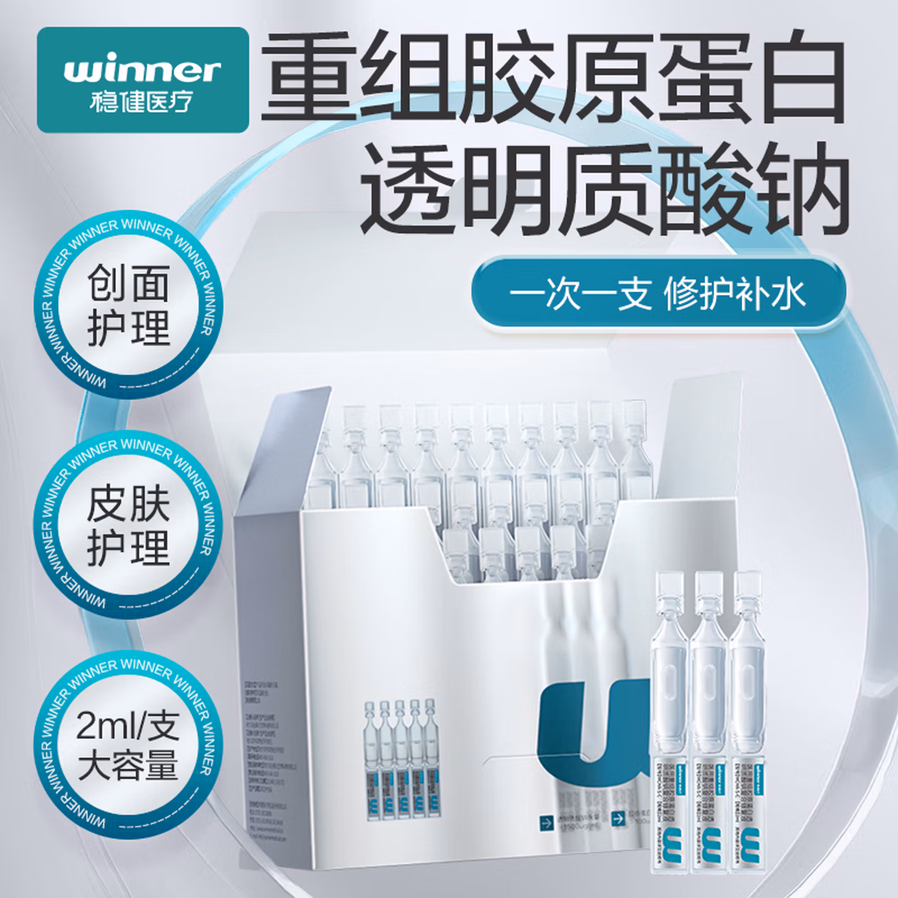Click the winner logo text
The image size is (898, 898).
click(142, 70)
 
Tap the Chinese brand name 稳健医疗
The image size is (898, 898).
click(141, 102)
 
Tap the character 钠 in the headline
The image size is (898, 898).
click(804, 187)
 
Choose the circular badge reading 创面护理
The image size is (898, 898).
click(128, 304)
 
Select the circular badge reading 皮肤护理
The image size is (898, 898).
click(128, 525)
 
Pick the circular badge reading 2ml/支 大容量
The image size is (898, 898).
click(128, 745)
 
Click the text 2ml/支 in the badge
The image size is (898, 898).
click(127, 725)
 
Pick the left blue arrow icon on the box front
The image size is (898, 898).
click(546, 823)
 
